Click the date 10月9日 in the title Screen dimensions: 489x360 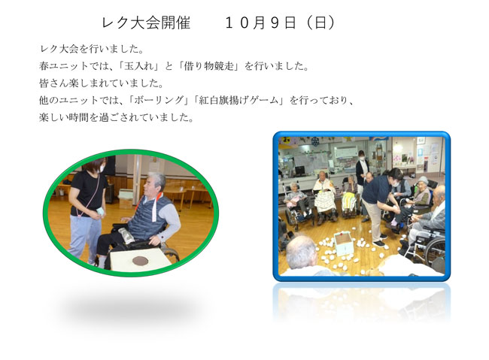point(260,23)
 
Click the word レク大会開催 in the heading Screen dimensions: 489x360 point(146,23)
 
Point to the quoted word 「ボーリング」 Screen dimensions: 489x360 point(159,101)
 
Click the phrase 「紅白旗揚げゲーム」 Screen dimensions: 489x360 point(238,101)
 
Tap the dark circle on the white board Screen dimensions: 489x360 point(140,260)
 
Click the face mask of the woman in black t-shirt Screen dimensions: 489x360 point(101,168)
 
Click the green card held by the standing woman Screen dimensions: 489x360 point(100,211)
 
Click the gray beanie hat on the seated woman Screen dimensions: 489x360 point(424,180)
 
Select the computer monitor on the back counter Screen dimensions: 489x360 point(299,171)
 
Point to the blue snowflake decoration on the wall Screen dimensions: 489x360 point(315,141)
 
